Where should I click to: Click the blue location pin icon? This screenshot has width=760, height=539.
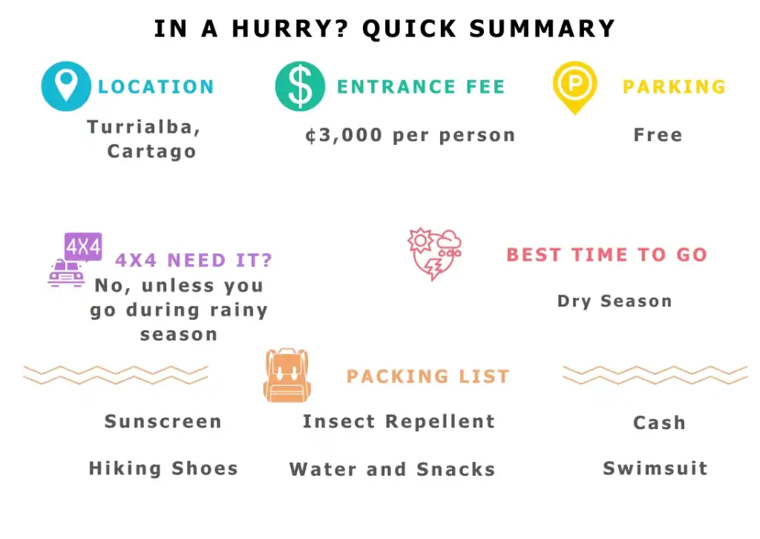pos(66,86)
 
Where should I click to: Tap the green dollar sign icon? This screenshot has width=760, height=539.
pos(300,86)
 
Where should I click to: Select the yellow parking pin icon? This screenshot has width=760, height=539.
pos(575,88)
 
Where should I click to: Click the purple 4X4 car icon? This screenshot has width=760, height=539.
pos(75,260)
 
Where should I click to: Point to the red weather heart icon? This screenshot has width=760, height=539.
pos(435,254)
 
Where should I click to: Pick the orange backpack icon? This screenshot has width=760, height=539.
pos(287,375)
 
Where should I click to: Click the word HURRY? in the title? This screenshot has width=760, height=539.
pos(290,29)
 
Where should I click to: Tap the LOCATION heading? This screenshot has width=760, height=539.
pos(156,87)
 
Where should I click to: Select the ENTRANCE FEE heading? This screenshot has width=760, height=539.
pos(422,87)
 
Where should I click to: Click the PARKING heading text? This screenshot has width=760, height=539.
pos(674,87)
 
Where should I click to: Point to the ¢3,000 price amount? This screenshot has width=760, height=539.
pos(344,135)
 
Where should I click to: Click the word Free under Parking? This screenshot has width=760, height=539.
pos(658,135)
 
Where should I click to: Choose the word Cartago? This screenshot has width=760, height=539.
pos(151,151)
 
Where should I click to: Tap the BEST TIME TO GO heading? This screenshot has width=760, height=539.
pos(607,255)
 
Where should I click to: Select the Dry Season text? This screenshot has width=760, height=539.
pos(615,301)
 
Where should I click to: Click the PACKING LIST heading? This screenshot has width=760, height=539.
pos(428,376)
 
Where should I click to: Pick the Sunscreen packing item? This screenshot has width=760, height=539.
pos(163,421)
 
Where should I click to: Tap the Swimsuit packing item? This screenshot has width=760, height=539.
pos(655,468)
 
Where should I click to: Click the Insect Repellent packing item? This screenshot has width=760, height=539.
pos(399,422)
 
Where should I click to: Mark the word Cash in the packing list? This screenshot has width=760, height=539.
pos(659,422)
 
